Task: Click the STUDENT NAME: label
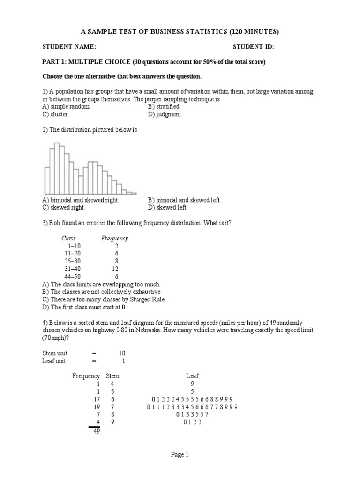[69, 47]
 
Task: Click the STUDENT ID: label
[253, 47]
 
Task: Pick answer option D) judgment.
[165, 114]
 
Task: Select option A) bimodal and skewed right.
[81, 200]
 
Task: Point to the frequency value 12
[114, 269]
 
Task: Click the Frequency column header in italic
[114, 239]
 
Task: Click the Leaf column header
[192, 375]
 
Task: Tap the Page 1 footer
[180, 454]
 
